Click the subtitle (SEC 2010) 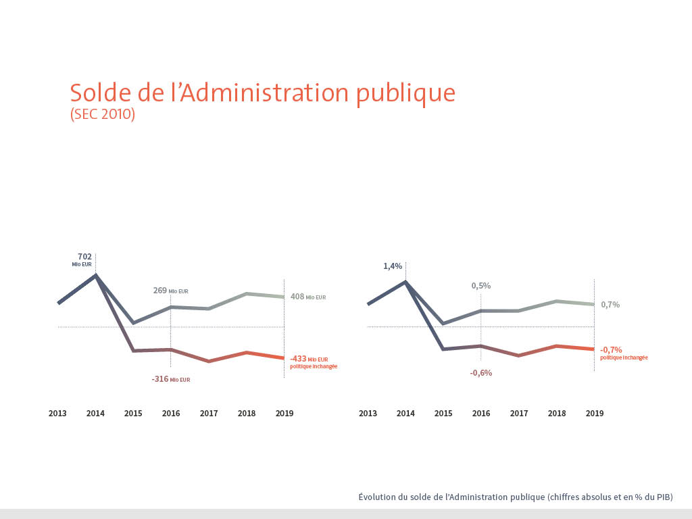click(x=103, y=115)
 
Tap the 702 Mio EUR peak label click(x=83, y=259)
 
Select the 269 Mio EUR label click(x=170, y=291)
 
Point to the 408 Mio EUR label click(x=307, y=297)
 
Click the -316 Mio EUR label click(x=170, y=379)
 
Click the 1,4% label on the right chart click(x=393, y=266)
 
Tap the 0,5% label click(x=480, y=286)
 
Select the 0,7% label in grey click(x=610, y=305)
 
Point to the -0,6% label click(x=481, y=373)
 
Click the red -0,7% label click(x=611, y=349)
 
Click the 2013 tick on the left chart click(x=57, y=413)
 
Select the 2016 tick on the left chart click(x=171, y=413)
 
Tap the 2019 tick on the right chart click(x=594, y=413)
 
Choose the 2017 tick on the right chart click(x=518, y=413)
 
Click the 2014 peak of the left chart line click(x=96, y=275)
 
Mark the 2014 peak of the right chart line click(x=405, y=281)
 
